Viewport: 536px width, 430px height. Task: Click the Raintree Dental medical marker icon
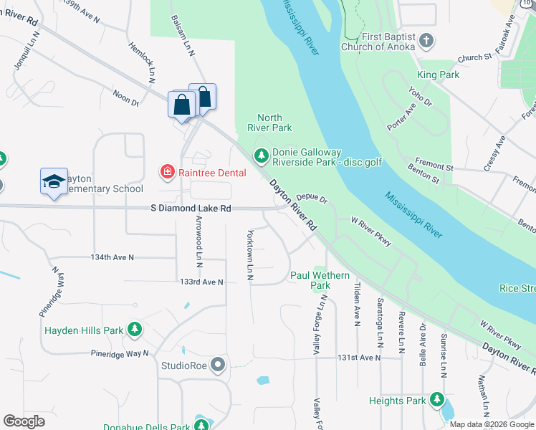click(x=166, y=172)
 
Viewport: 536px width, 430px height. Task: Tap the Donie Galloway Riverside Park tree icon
click(x=262, y=155)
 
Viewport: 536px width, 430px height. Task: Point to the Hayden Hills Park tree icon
click(x=134, y=330)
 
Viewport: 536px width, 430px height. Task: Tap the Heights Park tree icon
click(x=436, y=401)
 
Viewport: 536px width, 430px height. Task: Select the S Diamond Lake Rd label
click(x=191, y=209)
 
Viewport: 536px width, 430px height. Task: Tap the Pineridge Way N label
click(x=119, y=353)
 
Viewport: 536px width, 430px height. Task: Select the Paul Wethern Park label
click(x=320, y=280)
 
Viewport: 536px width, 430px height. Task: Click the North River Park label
click(x=269, y=123)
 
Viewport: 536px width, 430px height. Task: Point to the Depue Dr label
click(x=312, y=199)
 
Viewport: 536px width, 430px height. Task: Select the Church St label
click(x=474, y=57)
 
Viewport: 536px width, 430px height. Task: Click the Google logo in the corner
click(x=24, y=421)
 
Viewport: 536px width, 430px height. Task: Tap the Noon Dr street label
click(x=125, y=97)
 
